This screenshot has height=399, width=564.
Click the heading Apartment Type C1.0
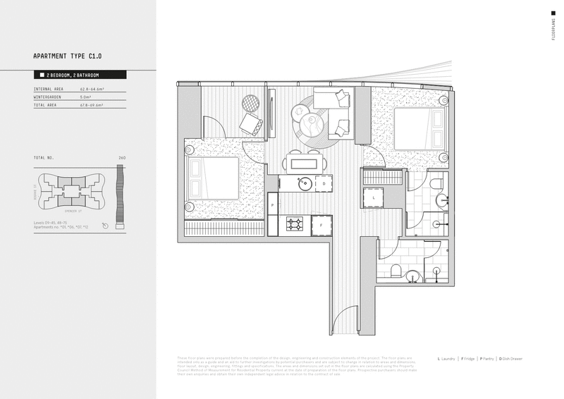[72, 56]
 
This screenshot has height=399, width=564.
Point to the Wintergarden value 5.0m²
[87, 97]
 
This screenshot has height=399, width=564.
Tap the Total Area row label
[47, 105]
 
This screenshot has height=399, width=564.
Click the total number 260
[122, 157]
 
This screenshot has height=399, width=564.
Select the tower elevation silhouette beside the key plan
[121, 196]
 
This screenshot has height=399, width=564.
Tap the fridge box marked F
[321, 226]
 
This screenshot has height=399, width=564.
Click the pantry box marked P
[272, 205]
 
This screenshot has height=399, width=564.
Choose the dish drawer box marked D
[323, 184]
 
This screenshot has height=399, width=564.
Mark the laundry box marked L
[374, 199]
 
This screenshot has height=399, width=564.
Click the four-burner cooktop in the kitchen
[295, 226]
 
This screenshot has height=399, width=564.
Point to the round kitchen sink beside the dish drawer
[305, 184]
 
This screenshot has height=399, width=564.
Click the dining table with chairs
[305, 164]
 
